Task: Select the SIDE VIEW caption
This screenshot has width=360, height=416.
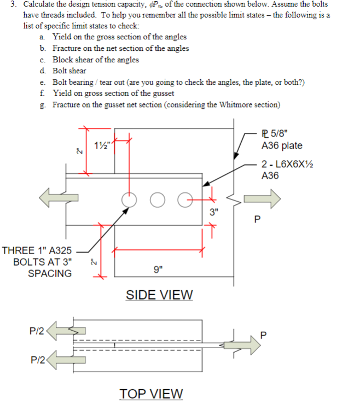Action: coord(159,295)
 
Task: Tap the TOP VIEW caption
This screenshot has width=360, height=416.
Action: coord(152,394)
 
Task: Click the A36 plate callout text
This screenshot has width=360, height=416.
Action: coord(282,145)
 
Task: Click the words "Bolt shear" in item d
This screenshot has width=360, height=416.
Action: coord(69,71)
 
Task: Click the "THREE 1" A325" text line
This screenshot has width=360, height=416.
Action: coord(37,250)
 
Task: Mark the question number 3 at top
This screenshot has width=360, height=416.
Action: coord(11,4)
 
